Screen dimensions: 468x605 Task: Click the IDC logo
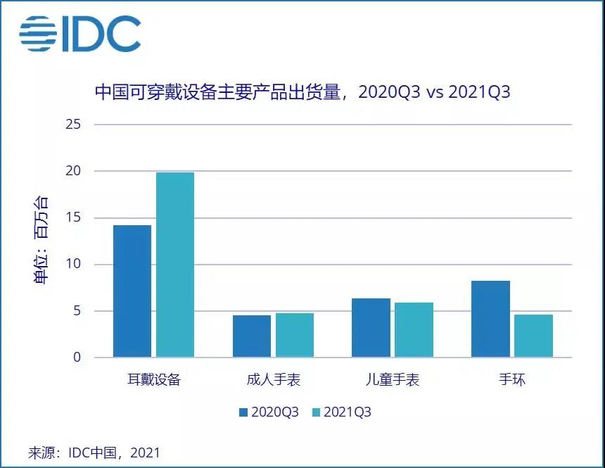pos(79,33)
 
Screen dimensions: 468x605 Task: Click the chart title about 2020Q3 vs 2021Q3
pos(302,93)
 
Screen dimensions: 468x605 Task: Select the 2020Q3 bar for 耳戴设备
pos(132,291)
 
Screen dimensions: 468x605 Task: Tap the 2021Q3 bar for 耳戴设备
pos(175,265)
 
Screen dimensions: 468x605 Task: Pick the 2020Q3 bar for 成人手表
pos(252,336)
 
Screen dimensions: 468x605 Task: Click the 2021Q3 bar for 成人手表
pos(295,336)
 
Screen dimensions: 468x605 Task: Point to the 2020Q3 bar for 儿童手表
pos(371,328)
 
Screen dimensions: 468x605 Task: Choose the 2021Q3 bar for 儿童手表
pos(414,330)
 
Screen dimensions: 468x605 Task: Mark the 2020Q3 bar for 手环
pos(491,319)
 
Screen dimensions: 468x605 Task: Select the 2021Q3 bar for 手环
pos(534,336)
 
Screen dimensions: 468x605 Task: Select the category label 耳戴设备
pos(153,380)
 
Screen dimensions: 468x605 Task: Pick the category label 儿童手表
pos(393,380)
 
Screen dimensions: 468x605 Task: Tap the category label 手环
pos(512,380)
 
